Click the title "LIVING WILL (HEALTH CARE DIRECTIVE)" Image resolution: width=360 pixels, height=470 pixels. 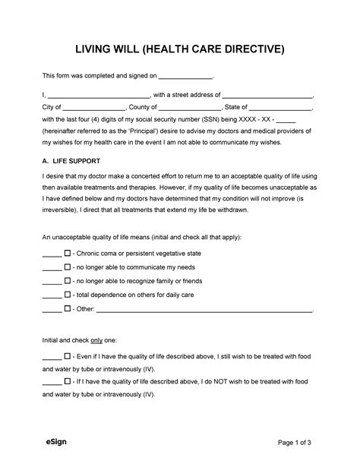180,49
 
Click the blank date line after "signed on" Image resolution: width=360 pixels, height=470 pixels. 187,77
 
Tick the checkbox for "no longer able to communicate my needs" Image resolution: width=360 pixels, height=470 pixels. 68,267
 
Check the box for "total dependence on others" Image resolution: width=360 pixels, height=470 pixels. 68,295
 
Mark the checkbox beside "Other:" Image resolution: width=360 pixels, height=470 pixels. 68,309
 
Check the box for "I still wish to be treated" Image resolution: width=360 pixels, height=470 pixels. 68,355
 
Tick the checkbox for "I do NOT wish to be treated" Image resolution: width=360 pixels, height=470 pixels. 68,383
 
